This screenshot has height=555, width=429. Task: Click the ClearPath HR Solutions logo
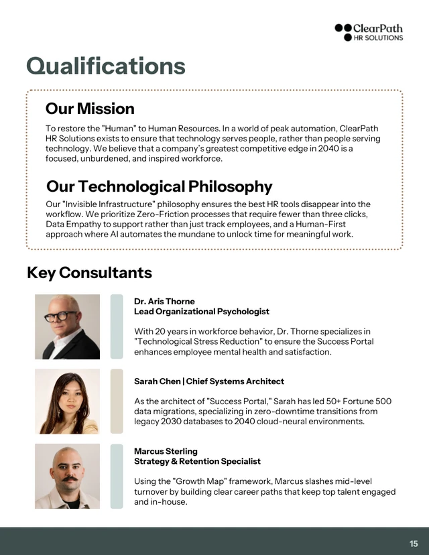369,32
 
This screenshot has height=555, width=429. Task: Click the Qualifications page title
105,66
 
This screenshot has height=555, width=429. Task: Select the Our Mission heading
90,109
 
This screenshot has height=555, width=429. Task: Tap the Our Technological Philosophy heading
159,186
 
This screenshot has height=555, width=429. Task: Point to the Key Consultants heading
89,273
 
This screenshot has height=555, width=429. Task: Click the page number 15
414,544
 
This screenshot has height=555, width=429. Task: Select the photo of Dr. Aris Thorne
67,326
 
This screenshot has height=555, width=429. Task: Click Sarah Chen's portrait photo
67,401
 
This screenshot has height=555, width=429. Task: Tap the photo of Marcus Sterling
67,476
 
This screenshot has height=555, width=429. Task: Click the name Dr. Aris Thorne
164,301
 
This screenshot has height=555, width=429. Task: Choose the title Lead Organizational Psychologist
202,311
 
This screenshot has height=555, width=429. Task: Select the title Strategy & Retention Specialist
197,461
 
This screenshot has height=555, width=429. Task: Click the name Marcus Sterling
166,451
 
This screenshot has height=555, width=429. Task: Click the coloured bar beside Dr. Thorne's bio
117,326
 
